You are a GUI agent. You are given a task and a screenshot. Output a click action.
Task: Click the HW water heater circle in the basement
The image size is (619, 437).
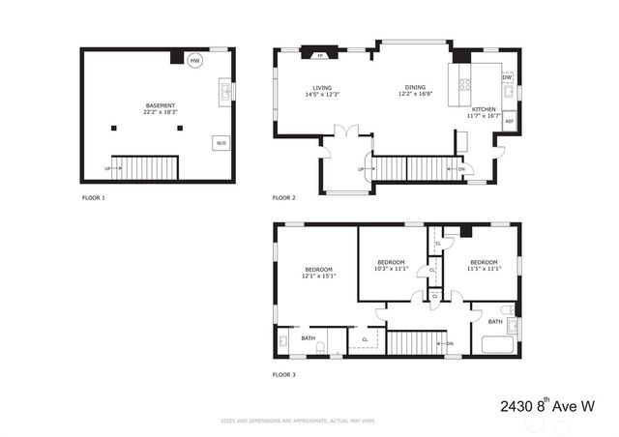[194, 61]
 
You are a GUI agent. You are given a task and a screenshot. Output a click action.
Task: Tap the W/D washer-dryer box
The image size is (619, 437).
[221, 143]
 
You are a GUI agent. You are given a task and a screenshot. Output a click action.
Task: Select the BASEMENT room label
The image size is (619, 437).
[160, 104]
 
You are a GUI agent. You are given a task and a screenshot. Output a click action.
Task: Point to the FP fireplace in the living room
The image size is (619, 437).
[319, 56]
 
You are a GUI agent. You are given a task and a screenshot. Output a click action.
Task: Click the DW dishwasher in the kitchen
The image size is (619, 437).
[507, 77]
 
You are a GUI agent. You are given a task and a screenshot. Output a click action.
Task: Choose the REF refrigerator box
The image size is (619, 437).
[509, 120]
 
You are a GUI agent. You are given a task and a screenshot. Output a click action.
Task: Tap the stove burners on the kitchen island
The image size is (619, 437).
[464, 83]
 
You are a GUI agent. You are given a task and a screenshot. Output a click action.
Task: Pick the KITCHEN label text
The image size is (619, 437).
[484, 109]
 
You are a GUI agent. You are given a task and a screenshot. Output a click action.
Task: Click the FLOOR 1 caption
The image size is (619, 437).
[94, 197]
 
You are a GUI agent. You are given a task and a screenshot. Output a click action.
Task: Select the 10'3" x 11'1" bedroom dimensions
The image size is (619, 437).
[391, 269]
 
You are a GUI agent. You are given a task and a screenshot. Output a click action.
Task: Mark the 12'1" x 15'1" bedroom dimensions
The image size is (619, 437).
[319, 276]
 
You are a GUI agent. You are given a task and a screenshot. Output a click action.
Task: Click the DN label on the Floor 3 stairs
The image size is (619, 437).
[448, 343]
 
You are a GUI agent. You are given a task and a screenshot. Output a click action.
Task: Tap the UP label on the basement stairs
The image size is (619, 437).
[107, 167]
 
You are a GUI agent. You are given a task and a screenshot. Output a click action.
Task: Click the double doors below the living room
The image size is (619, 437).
[346, 131]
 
